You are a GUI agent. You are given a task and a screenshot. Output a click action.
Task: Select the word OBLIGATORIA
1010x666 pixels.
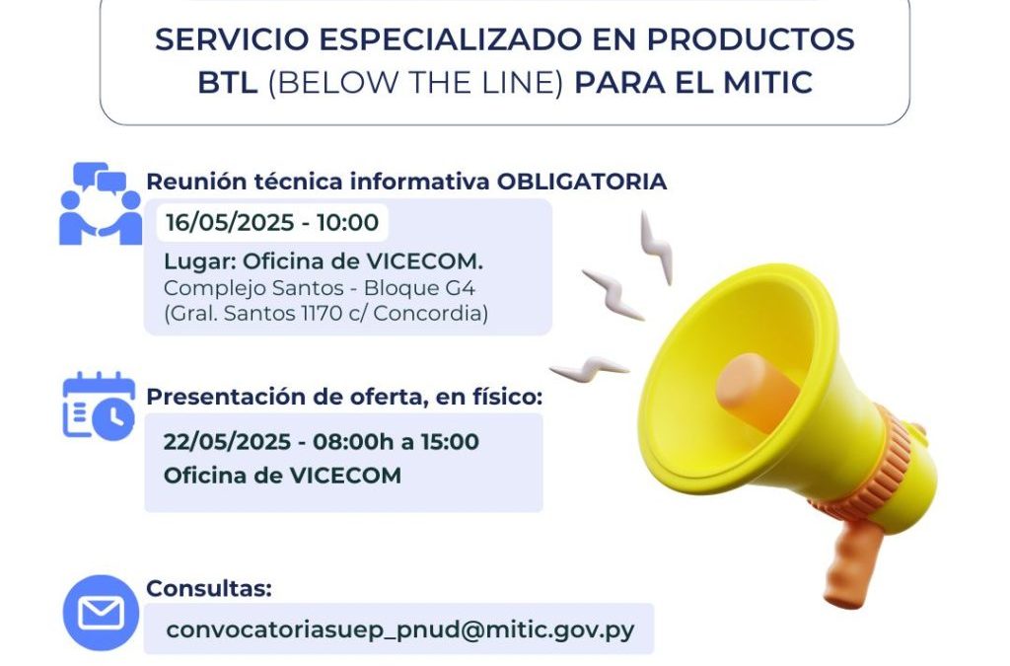pos(582,182)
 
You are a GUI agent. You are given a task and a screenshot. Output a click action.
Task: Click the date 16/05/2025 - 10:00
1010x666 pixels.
pos(271,222)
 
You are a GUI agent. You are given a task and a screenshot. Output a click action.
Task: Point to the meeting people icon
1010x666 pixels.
pos(101,203)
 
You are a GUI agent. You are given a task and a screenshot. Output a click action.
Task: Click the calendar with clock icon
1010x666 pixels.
pos(99,407)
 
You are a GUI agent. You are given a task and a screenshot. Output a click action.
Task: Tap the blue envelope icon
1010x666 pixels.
pos(101,613)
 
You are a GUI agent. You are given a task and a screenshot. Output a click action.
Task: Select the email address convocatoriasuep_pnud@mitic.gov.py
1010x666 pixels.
pos(398,629)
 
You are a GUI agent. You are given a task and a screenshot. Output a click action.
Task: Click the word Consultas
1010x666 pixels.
pos(208,589)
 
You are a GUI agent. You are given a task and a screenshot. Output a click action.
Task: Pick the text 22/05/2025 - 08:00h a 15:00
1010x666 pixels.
pos(322,441)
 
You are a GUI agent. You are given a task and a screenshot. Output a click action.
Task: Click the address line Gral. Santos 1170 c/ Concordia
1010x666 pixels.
pos(326,315)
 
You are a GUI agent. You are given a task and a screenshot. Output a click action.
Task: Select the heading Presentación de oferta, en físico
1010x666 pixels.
pos(344,397)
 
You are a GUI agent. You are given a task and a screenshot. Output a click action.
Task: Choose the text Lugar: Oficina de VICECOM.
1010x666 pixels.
pos(324,262)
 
